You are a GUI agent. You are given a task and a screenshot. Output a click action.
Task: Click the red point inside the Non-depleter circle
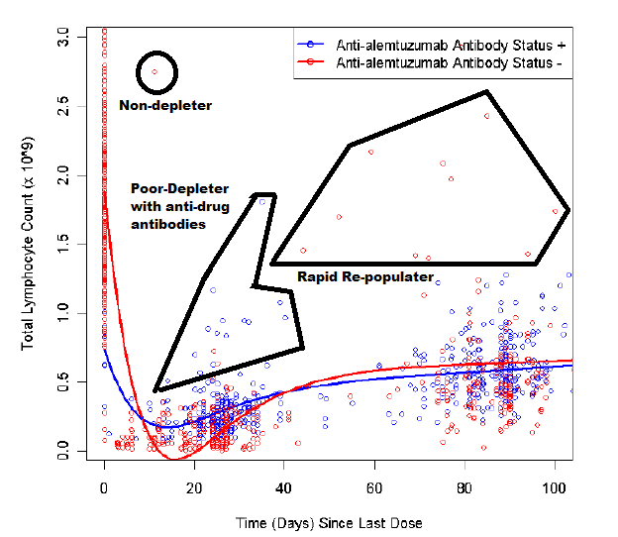[x=154, y=72]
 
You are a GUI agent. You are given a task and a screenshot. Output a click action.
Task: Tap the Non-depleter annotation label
[x=165, y=105]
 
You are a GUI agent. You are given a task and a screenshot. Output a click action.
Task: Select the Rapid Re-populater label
[x=365, y=276]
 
